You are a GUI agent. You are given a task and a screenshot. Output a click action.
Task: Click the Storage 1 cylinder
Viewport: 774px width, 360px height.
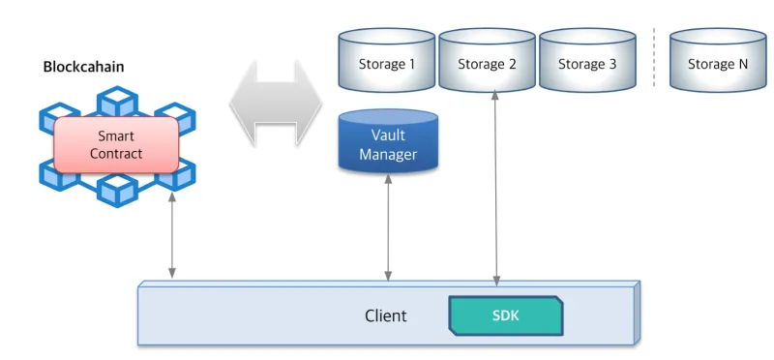click(386, 59)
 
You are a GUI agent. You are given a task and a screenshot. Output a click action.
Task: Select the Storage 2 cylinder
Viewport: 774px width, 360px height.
click(487, 59)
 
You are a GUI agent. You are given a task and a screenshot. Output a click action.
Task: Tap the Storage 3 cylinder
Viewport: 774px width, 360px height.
click(587, 59)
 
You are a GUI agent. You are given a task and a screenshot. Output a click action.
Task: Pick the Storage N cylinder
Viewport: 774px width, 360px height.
click(718, 59)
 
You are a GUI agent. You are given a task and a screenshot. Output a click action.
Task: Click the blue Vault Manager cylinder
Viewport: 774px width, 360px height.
click(388, 140)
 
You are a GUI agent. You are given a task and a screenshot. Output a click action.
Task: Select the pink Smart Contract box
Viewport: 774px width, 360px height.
click(116, 145)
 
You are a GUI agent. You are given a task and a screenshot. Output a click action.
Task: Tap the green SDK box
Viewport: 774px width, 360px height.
click(505, 315)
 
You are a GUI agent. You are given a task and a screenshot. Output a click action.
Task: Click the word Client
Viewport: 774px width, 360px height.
click(386, 315)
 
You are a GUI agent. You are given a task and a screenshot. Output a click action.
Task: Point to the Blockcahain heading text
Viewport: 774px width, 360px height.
click(83, 67)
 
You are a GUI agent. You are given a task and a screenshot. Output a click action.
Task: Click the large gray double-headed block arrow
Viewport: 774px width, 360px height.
click(276, 104)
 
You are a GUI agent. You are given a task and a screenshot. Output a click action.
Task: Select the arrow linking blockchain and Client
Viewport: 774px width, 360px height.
click(172, 235)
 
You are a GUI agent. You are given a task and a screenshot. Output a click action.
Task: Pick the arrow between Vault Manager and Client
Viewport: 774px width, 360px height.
click(388, 227)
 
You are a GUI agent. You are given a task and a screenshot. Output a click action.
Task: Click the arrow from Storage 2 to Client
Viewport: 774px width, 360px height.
click(496, 189)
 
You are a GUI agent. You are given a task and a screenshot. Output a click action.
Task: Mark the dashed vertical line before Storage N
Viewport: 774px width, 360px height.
click(654, 58)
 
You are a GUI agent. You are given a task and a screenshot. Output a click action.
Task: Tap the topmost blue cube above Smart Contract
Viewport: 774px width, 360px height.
click(117, 102)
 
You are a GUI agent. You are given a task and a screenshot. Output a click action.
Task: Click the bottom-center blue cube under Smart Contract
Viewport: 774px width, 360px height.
click(117, 190)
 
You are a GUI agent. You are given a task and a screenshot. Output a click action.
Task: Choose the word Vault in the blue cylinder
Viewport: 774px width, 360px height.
click(388, 135)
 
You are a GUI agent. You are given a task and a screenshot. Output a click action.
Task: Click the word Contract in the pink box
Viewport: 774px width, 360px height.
click(116, 154)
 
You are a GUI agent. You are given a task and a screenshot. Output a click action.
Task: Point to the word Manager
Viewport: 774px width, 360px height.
click(388, 155)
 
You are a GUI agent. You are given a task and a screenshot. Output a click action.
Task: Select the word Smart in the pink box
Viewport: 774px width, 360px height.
click(116, 135)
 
